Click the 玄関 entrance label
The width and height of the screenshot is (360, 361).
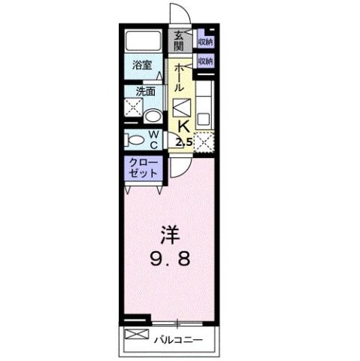click(x=180, y=41)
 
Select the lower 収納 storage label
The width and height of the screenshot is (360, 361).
click(x=204, y=59)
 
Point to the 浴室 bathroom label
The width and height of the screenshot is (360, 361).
click(x=143, y=65)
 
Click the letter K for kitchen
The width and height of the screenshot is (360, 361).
click(x=182, y=126)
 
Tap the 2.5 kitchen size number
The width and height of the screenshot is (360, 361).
click(x=184, y=141)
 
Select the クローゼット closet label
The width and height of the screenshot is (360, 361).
click(x=142, y=168)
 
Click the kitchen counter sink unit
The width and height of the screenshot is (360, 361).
click(x=205, y=105)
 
